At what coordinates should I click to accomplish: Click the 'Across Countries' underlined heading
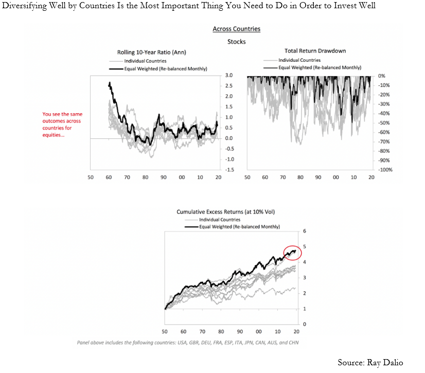point(236,29)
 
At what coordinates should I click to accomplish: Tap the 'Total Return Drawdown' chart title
point(308,51)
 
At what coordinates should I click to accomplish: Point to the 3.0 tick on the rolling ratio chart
point(229,76)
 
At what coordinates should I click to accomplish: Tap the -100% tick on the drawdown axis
point(385,169)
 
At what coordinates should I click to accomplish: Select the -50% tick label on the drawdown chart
point(384,122)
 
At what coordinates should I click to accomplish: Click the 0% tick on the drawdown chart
point(382,76)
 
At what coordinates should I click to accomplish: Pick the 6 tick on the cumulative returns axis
point(304,230)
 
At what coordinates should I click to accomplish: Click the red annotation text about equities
point(62,125)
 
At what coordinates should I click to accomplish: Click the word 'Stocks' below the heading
point(236,42)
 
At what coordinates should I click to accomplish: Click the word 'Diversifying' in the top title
point(26,6)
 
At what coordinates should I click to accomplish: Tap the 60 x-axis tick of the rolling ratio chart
point(109,177)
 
